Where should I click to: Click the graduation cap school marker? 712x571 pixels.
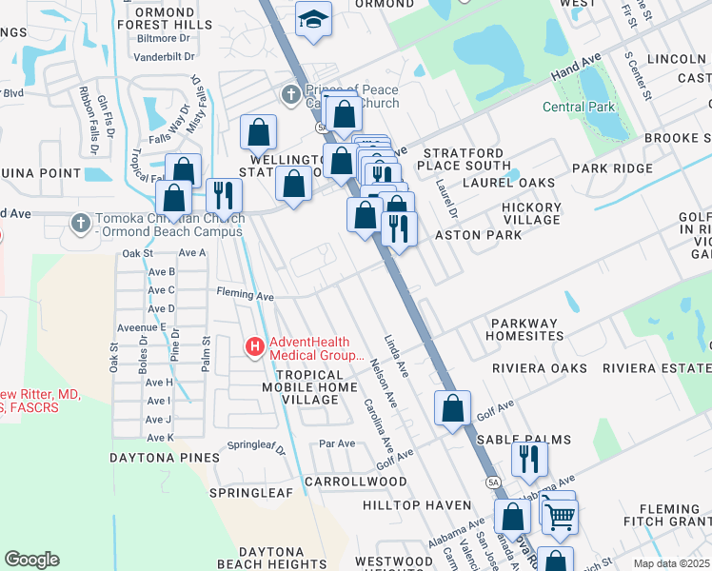point(311,18)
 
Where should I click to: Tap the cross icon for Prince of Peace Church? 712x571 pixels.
point(291,93)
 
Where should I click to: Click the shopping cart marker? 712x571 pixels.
point(561,517)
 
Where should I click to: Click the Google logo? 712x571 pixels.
point(31,560)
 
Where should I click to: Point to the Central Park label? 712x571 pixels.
point(579,107)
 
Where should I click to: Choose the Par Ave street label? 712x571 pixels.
point(337,443)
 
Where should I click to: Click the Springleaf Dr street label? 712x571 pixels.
point(256,445)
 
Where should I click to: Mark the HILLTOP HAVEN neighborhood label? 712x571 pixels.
point(417,504)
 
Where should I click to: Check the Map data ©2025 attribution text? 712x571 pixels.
point(671,563)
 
